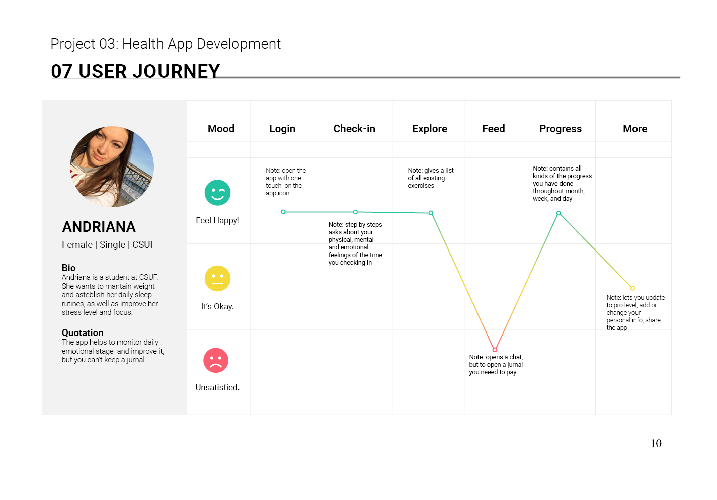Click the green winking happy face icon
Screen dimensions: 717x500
pos(217,192)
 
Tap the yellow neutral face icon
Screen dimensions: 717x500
pos(217,278)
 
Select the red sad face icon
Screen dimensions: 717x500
pos(216,360)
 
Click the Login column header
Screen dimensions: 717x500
pos(282,129)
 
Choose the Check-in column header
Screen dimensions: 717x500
pos(354,129)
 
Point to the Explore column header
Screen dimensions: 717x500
pos(430,129)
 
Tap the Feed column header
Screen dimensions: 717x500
pos(493,129)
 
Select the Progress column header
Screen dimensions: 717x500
pos(560,129)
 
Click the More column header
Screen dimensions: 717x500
pos(635,129)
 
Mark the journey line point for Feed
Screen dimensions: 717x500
pos(495,349)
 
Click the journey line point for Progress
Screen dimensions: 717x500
pos(559,213)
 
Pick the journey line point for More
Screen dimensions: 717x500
pos(632,288)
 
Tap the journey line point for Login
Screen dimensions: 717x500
pos(283,212)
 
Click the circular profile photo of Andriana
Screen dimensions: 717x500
pos(112,167)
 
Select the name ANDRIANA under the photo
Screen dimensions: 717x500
pos(99,227)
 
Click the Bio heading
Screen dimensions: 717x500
pos(68,268)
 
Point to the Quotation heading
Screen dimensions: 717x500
pos(83,332)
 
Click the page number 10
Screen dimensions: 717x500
pos(656,443)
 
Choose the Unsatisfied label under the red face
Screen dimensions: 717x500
pos(217,387)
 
